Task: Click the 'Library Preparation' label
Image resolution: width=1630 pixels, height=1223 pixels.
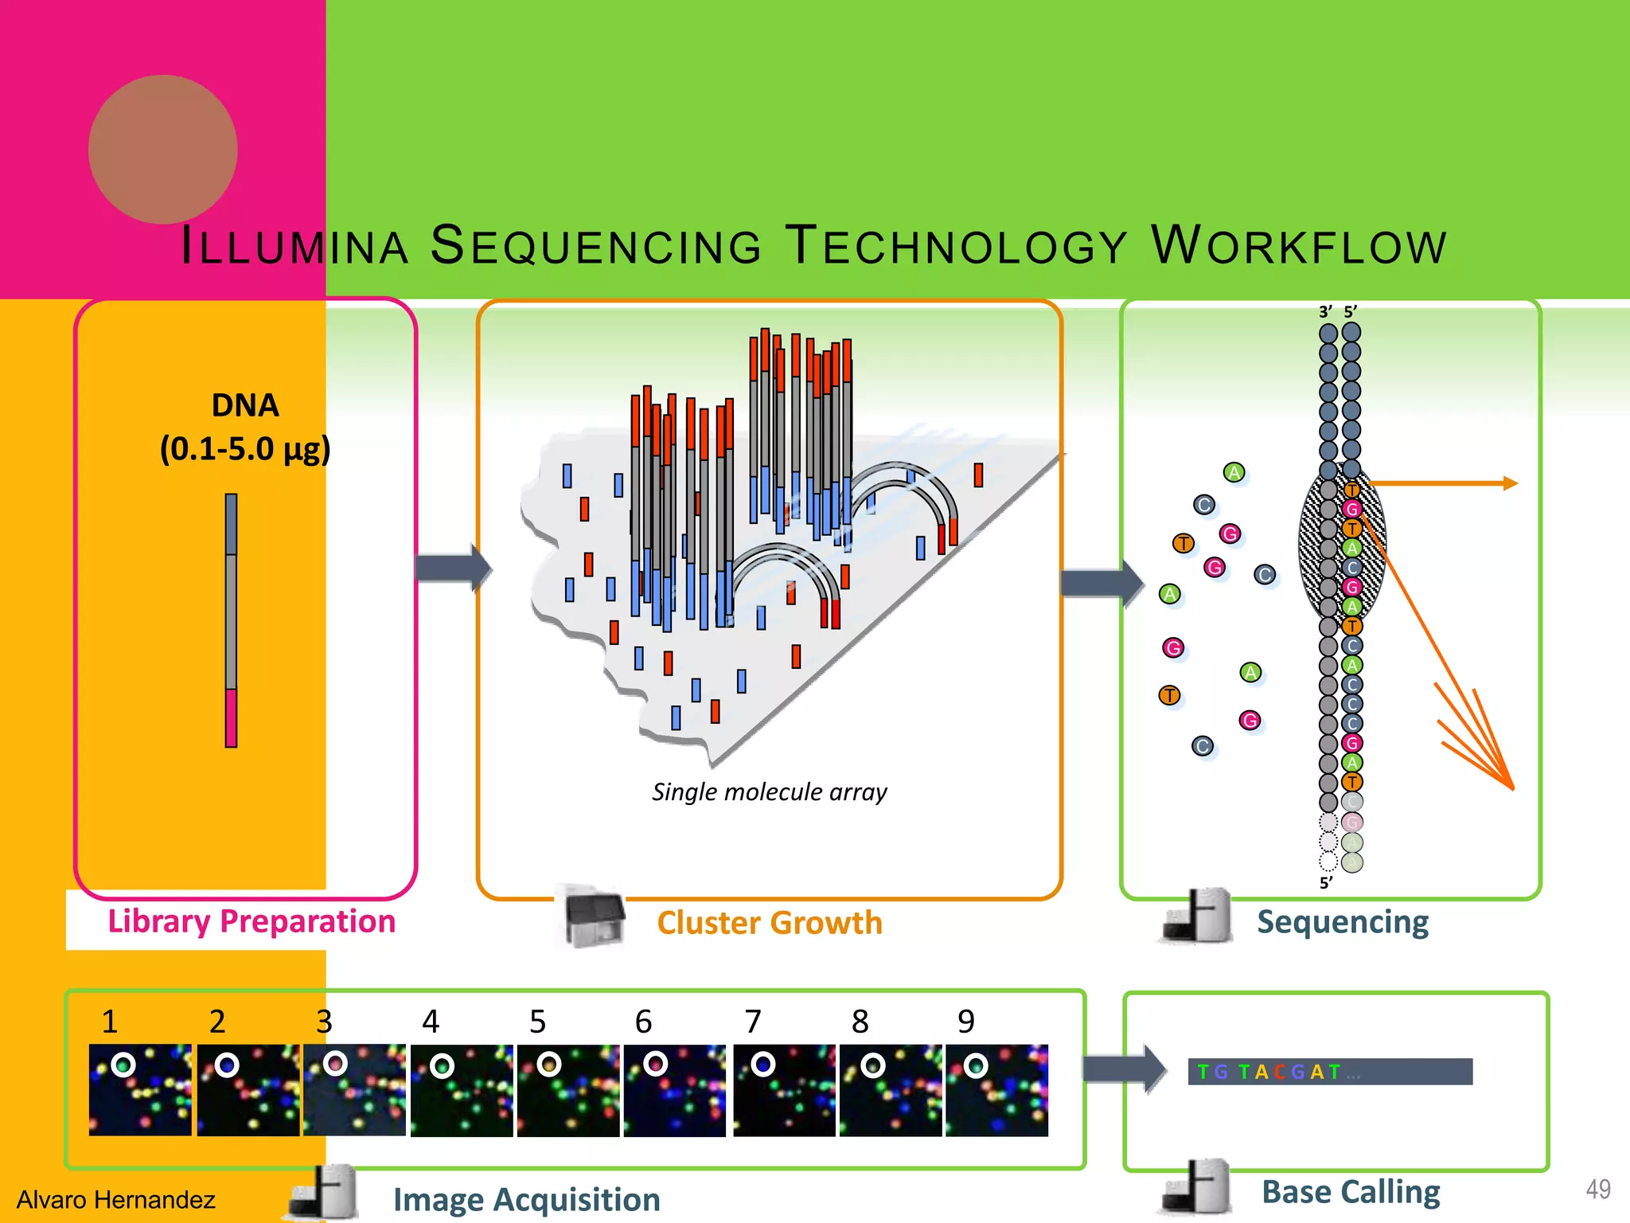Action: (x=252, y=921)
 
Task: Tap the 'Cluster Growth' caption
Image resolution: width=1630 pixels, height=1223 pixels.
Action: (x=769, y=923)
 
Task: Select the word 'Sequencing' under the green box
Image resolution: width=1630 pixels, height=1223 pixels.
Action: (x=1343, y=922)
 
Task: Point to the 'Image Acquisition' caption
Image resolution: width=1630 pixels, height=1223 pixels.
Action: (x=526, y=1199)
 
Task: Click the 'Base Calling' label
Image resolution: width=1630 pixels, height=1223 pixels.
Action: (x=1351, y=1192)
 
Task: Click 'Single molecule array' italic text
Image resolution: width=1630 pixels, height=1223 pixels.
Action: (x=769, y=791)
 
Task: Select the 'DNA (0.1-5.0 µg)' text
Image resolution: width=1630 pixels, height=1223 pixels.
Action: (x=245, y=428)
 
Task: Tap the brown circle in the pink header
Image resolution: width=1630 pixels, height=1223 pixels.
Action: (x=163, y=150)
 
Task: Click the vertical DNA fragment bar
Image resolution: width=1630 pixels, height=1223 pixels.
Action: (x=231, y=620)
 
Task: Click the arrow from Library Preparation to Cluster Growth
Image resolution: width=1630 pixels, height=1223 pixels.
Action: (x=454, y=568)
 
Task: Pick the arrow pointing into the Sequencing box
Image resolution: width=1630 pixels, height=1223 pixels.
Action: (x=1102, y=583)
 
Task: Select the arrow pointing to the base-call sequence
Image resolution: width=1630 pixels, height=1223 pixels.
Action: (x=1125, y=1068)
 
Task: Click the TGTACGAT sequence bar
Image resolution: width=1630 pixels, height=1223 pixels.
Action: (x=1330, y=1072)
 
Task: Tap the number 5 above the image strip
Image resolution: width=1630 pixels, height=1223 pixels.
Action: (x=538, y=1022)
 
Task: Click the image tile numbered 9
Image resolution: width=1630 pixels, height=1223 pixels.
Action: (x=996, y=1090)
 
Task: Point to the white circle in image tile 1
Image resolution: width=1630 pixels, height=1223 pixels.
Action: (x=123, y=1065)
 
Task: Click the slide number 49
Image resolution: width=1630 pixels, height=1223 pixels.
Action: (x=1597, y=1190)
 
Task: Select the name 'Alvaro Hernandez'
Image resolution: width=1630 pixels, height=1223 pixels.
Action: (x=116, y=1199)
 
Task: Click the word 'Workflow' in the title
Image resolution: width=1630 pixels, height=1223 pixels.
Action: (x=1299, y=245)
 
